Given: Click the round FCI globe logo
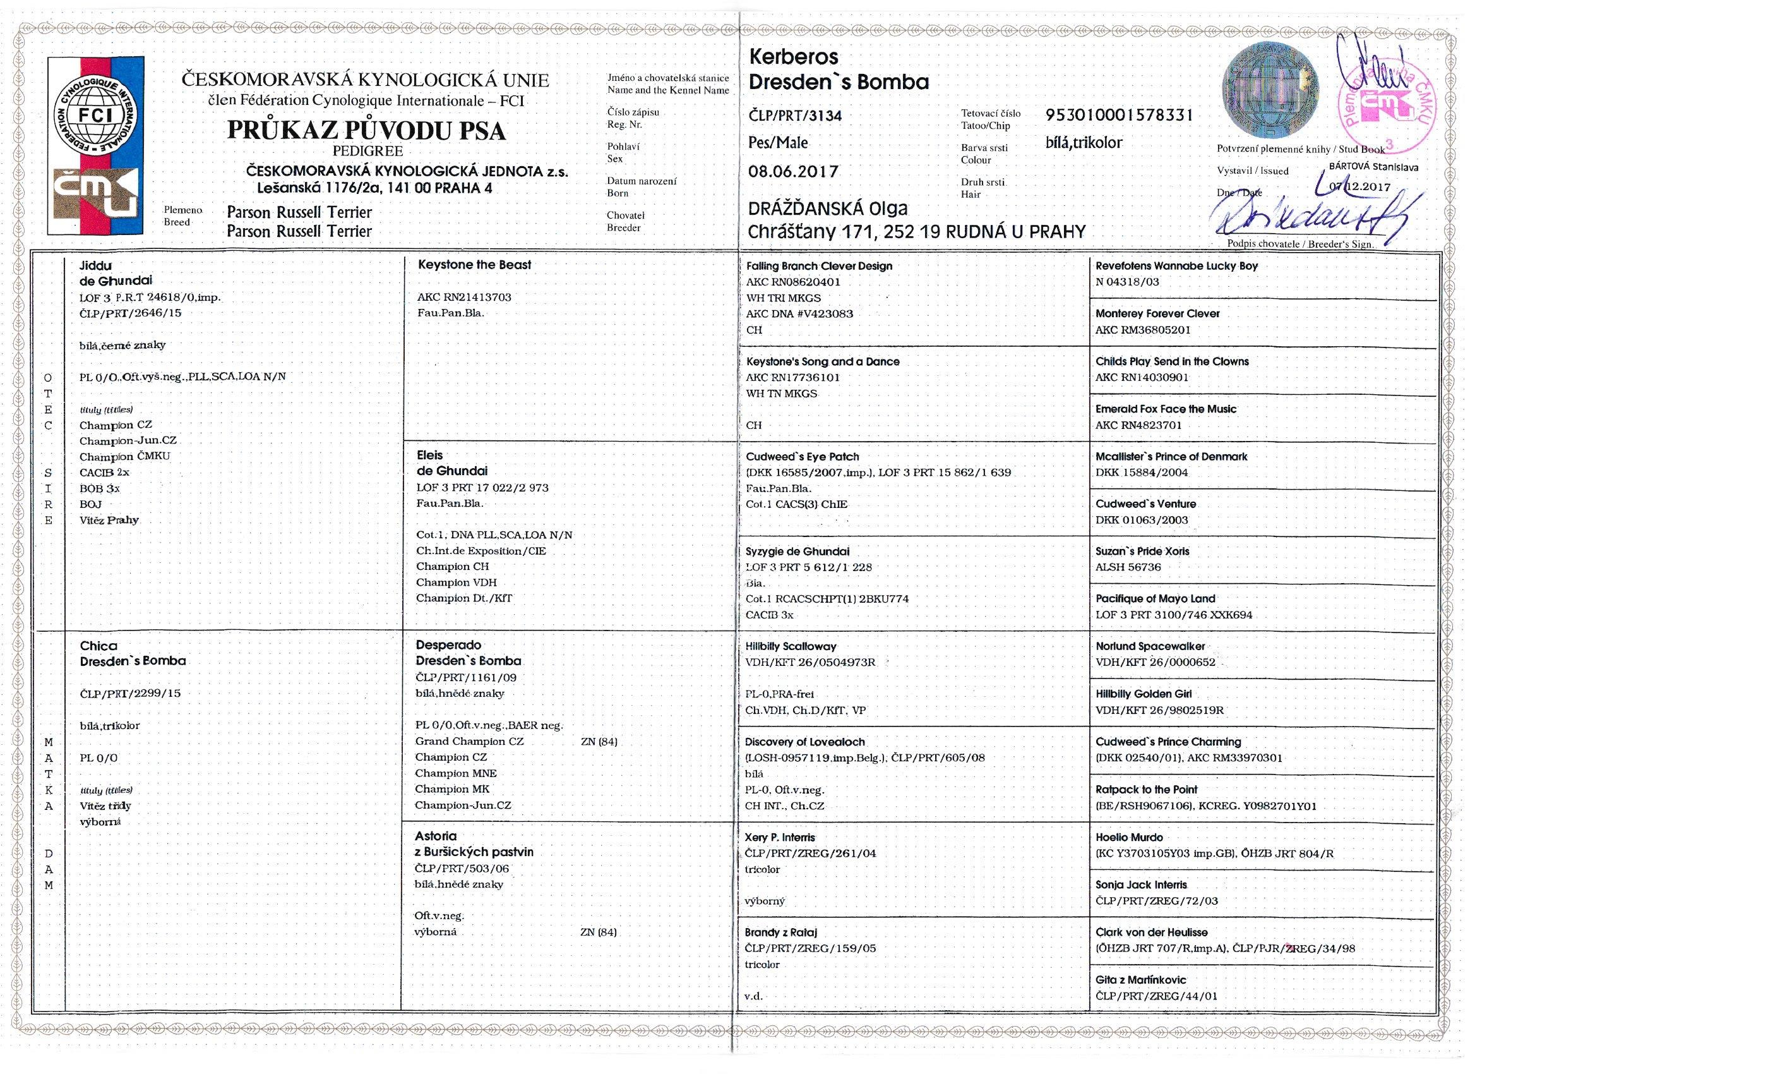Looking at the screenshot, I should [x=95, y=116].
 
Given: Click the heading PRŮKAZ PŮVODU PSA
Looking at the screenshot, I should [x=367, y=130].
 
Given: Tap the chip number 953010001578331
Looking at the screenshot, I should [x=1119, y=115].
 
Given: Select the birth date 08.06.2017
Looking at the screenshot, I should [x=793, y=172].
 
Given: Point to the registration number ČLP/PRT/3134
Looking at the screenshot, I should [x=795, y=116].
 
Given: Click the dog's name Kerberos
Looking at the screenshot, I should [x=793, y=57].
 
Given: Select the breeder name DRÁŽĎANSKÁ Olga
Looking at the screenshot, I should [x=827, y=209].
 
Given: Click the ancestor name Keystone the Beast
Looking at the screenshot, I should [x=474, y=265].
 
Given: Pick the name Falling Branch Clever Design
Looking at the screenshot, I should [x=819, y=265].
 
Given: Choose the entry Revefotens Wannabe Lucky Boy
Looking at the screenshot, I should [x=1176, y=265].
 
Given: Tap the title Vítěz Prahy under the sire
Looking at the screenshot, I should [x=109, y=520].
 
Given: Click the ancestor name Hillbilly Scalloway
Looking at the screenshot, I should [x=791, y=646].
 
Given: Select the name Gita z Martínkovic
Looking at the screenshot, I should [x=1140, y=979].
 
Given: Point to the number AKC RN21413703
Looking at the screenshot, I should [x=463, y=297].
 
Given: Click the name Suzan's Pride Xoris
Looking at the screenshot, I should [x=1142, y=552].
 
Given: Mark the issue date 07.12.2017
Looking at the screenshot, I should [x=1359, y=186].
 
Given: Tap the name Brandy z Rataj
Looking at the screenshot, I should [x=780, y=932].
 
